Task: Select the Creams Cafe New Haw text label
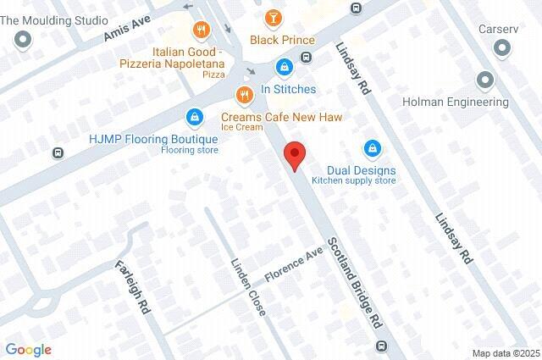[281, 117]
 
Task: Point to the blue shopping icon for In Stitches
[285, 65]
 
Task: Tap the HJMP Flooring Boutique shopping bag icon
[196, 115]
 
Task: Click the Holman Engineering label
[454, 102]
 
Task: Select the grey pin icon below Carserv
[485, 80]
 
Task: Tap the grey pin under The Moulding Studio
[23, 38]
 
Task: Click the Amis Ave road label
[126, 30]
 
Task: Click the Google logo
[28, 349]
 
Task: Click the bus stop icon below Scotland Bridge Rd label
[382, 346]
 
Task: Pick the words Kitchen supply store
[353, 180]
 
